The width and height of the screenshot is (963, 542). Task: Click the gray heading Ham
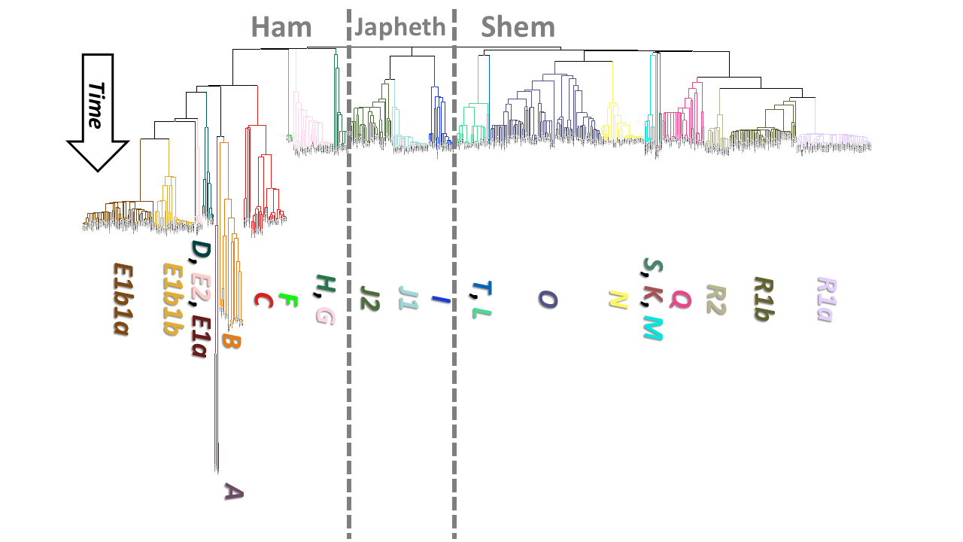[x=281, y=27]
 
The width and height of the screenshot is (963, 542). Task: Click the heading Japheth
[x=400, y=27]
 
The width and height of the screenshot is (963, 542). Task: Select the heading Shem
[x=518, y=27]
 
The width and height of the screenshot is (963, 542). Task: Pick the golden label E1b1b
[x=173, y=298]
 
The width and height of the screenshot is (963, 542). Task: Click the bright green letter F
[x=287, y=301]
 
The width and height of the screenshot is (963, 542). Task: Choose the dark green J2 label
[x=369, y=298]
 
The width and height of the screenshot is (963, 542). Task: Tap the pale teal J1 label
[x=409, y=300]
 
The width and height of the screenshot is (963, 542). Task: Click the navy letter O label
[x=548, y=300]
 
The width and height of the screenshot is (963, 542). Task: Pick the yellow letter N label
[x=618, y=300]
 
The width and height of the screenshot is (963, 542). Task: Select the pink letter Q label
[x=680, y=300]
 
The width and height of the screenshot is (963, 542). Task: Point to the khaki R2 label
[x=715, y=299]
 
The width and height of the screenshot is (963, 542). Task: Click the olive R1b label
[x=764, y=299]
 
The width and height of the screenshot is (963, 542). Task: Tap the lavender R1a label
[x=826, y=299]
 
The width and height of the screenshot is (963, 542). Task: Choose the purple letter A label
[x=233, y=492]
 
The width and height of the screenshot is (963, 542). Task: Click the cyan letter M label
[x=652, y=328]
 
